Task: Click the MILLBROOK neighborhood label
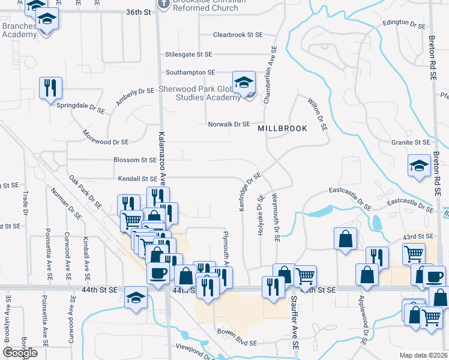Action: pos(282,128)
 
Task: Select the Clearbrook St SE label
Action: pos(238,35)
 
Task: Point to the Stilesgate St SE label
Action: pos(188,54)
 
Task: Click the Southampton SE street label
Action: pos(190,72)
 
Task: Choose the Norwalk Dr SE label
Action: pos(229,124)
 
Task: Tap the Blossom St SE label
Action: pos(134,160)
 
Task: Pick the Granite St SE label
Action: pos(410,143)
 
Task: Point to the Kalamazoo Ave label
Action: pos(162,158)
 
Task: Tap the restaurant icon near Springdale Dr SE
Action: pos(51,88)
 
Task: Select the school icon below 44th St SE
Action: pos(136,297)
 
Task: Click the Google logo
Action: pos(20,353)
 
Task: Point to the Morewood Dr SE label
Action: pos(106,138)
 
